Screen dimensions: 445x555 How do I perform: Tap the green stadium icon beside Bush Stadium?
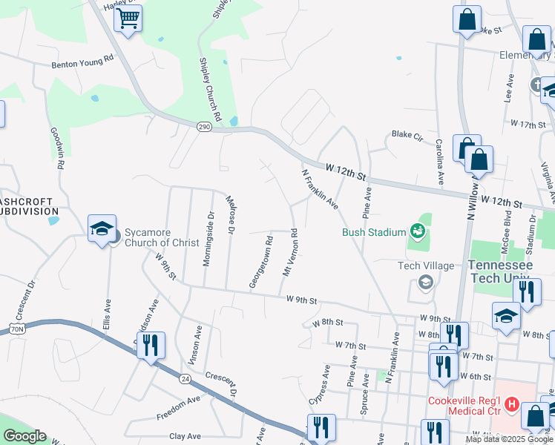pyautogui.click(x=418, y=231)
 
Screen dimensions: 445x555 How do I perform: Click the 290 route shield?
pyautogui.click(x=205, y=127)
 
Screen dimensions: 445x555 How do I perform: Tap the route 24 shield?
pyautogui.click(x=184, y=379)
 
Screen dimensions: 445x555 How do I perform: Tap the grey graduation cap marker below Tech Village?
pyautogui.click(x=426, y=282)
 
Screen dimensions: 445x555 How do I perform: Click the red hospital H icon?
pyautogui.click(x=510, y=405)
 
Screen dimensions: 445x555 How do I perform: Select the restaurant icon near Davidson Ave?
pyautogui.click(x=151, y=345)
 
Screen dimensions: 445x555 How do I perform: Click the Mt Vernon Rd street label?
pyautogui.click(x=292, y=253)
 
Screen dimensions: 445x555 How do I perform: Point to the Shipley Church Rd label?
pyautogui.click(x=209, y=90)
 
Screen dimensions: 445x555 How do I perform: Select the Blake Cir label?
pyautogui.click(x=407, y=136)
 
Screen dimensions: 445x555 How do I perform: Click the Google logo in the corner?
pyautogui.click(x=24, y=436)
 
